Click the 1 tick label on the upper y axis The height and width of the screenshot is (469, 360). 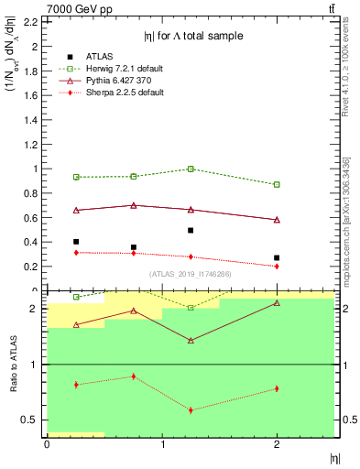pos(33,169)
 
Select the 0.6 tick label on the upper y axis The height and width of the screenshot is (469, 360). pos(29,218)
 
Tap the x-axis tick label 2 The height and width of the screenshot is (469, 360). pos(277,444)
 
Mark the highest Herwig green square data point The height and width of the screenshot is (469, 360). pos(191,169)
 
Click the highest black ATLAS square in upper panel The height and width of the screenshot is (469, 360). pos(191,230)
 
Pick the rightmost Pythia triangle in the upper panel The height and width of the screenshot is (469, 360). pos(277,220)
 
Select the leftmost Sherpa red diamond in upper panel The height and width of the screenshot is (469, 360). pos(76,252)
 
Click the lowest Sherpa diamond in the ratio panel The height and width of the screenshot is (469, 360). pos(191,409)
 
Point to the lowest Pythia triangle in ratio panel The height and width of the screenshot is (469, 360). pos(191,341)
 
